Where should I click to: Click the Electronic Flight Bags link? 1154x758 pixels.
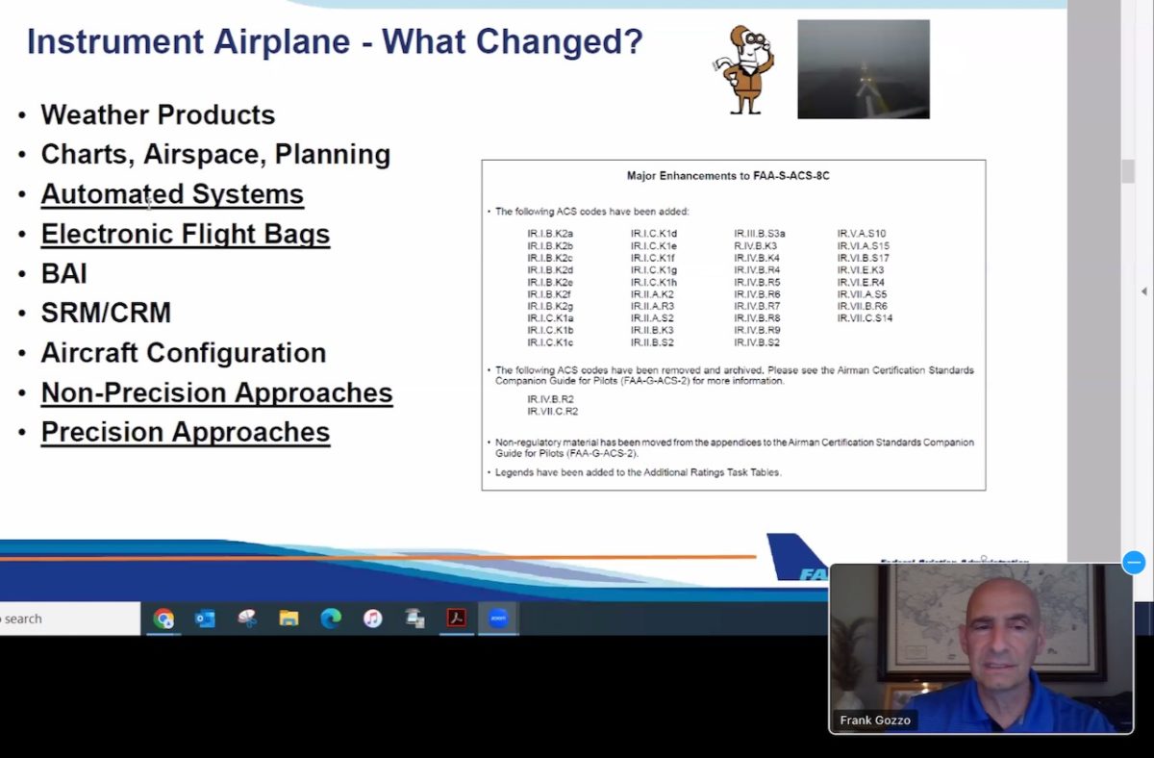point(185,234)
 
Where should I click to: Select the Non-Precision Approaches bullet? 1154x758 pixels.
point(216,392)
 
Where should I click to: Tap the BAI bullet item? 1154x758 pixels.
point(63,273)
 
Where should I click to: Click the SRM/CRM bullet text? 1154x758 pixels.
point(106,313)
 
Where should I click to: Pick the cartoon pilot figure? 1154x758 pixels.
point(748,69)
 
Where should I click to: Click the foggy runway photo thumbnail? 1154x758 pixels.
point(863,69)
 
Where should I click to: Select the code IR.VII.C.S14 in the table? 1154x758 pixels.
point(865,318)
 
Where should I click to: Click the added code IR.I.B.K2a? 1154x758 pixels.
point(550,234)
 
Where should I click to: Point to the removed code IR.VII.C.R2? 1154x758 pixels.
point(553,411)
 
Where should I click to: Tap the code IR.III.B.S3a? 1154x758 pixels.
point(760,234)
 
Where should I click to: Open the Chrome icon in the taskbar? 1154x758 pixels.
point(163,619)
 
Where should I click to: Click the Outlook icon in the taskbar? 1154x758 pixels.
point(205,619)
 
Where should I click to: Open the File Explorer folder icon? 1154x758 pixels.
point(288,619)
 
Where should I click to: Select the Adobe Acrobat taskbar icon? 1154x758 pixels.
point(456,619)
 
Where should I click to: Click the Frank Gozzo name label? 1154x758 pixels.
point(874,720)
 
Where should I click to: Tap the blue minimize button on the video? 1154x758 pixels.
point(1134,563)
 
